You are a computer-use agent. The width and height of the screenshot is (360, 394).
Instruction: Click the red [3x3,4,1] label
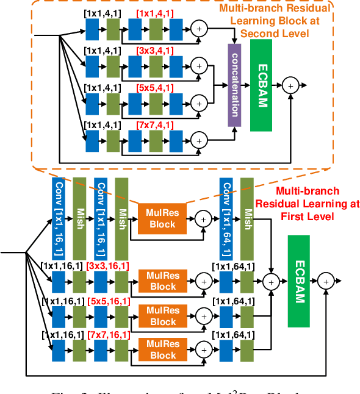[154, 51]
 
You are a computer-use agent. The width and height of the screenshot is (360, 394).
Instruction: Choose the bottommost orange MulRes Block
[163, 350]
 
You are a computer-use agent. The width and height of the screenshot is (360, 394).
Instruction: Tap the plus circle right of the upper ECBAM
[290, 85]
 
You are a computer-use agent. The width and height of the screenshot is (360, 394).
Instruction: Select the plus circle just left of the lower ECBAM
[270, 280]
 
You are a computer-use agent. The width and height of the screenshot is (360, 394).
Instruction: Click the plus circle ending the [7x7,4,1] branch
[200, 140]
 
